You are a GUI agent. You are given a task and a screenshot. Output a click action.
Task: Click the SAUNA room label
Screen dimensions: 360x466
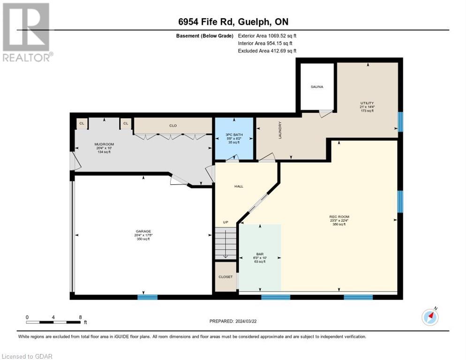coord(317,87)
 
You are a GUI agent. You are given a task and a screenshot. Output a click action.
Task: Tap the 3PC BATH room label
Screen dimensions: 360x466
coord(234,135)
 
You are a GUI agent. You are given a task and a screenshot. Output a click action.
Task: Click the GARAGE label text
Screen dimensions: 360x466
coord(143,231)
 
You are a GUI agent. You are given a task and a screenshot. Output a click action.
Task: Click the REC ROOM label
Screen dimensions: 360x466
coord(338,217)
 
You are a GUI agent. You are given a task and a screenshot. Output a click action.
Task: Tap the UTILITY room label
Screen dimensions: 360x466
coord(367,103)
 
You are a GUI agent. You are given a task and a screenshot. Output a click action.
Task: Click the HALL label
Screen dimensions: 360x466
coord(239,186)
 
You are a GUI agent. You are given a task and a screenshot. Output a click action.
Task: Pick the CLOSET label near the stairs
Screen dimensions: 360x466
coord(225,277)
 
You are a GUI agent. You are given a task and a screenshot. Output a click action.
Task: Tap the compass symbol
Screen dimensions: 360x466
coord(430,317)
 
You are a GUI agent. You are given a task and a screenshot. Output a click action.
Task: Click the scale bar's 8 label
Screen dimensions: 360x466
coord(81,317)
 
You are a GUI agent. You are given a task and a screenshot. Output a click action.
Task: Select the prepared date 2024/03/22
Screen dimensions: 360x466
coord(233,321)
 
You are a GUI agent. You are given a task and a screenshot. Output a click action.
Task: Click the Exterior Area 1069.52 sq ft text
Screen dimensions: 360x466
coord(267,35)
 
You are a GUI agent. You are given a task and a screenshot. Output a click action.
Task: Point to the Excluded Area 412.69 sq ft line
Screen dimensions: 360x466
coord(267,51)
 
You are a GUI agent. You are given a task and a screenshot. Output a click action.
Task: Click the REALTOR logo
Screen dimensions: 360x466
coord(26,32)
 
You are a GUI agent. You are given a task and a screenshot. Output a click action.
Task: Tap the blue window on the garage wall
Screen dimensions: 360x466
coord(147,297)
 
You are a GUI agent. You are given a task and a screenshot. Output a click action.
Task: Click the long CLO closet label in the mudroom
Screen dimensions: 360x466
coord(173,125)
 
